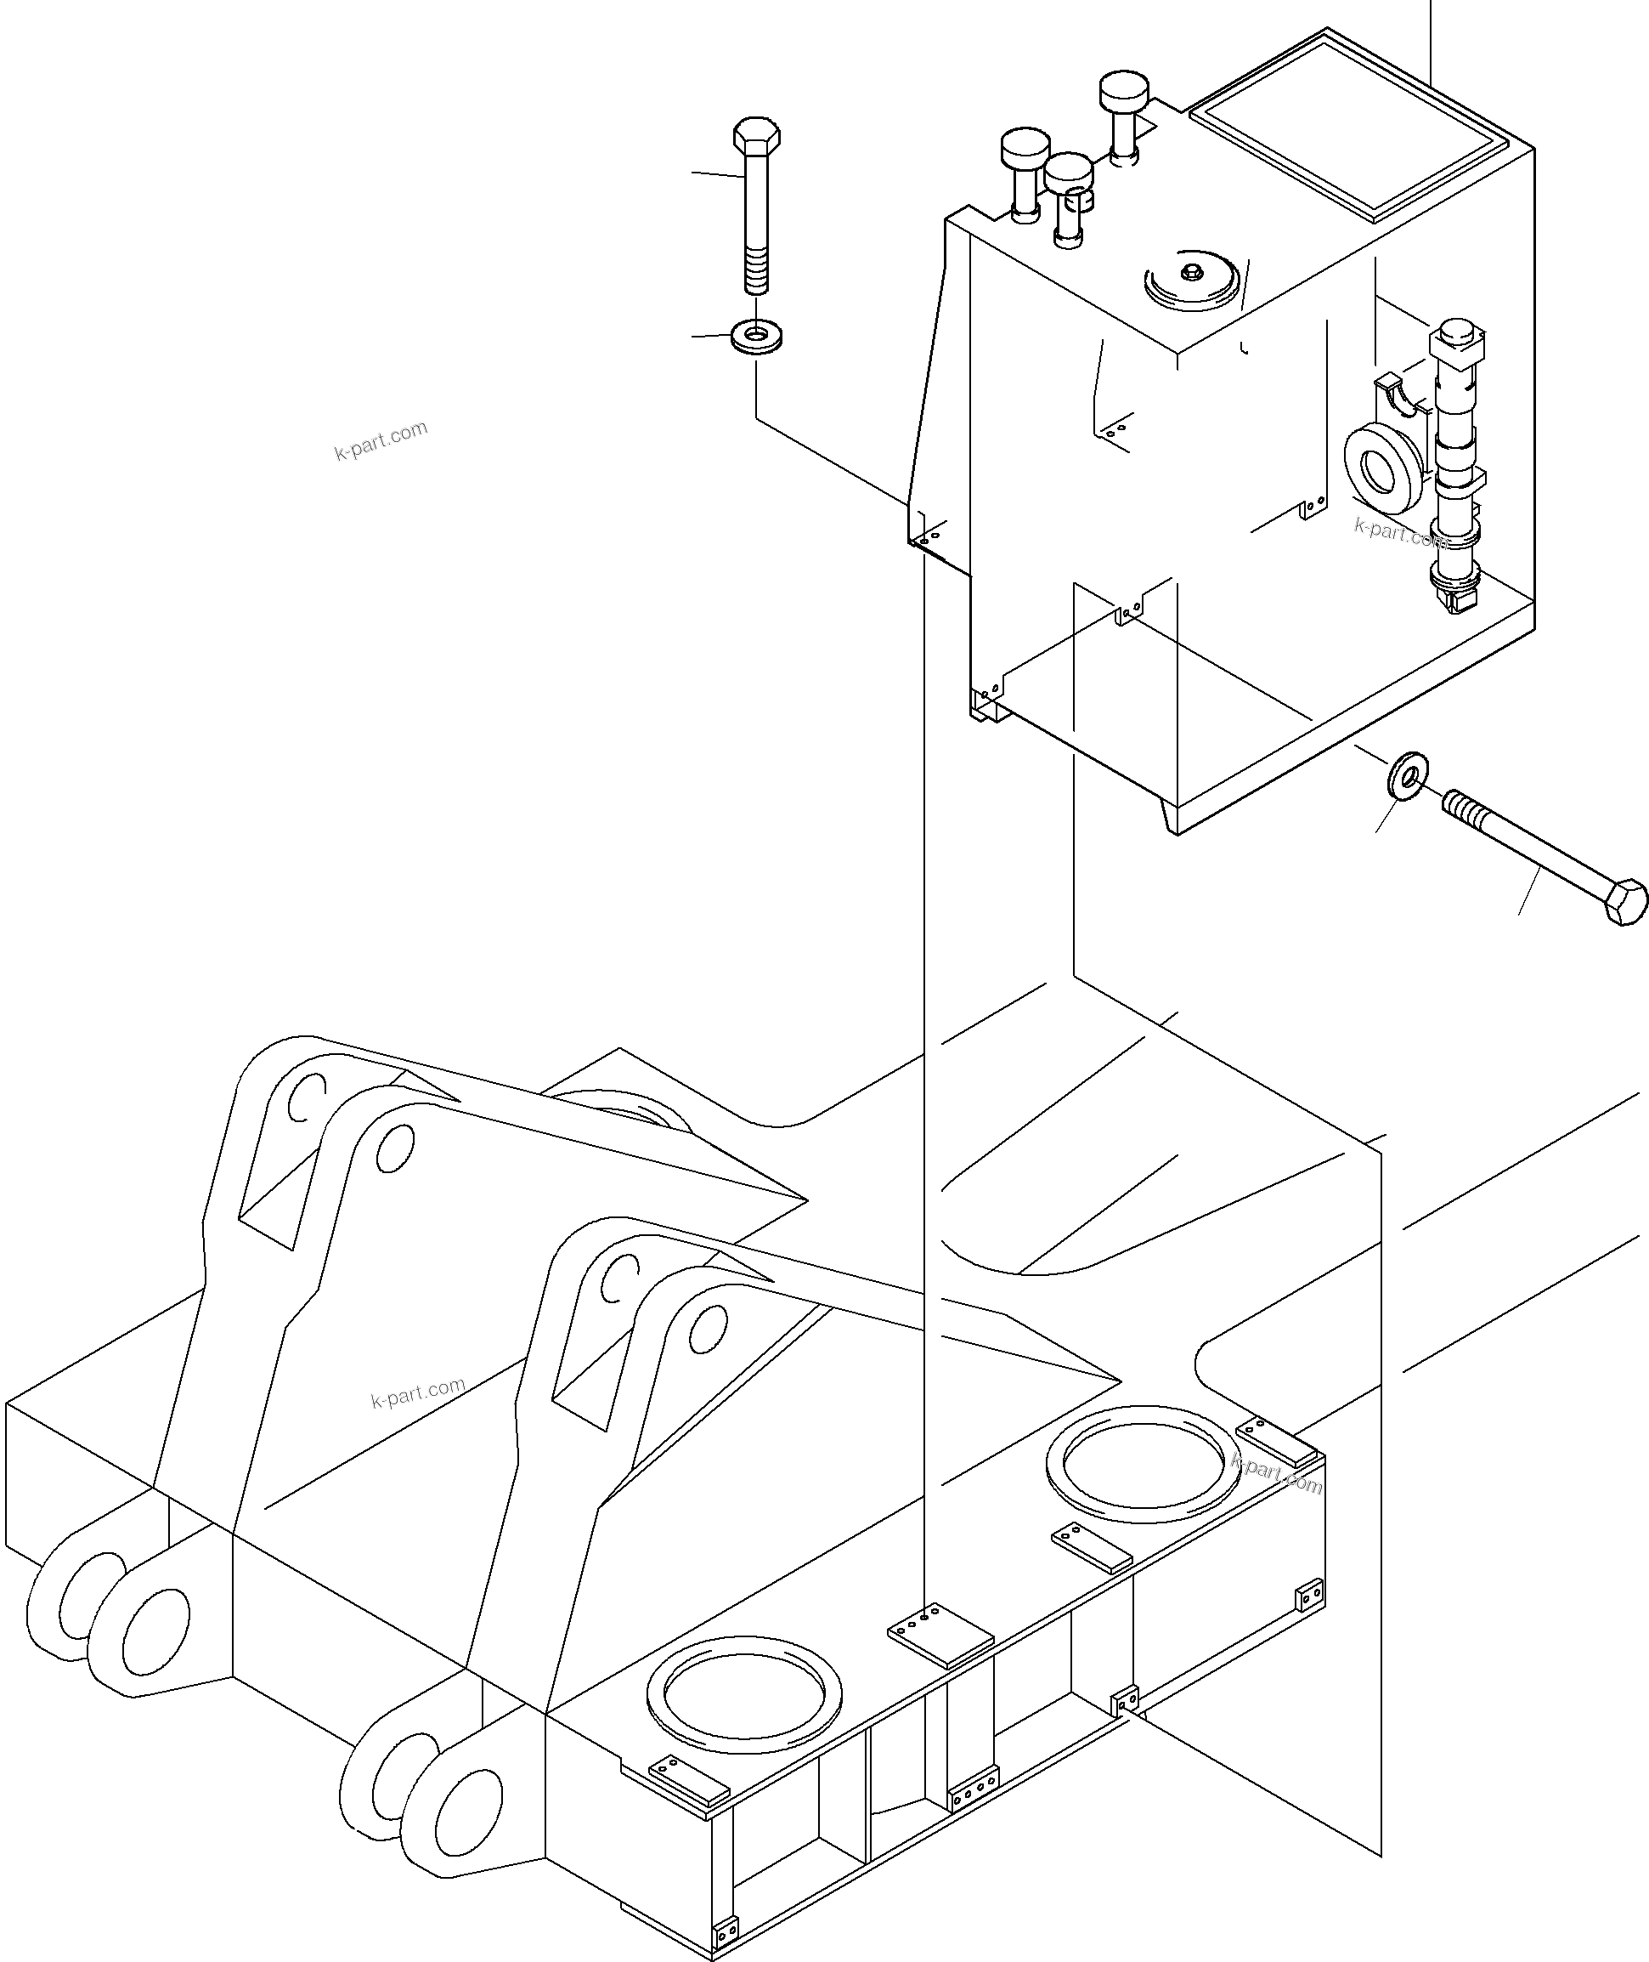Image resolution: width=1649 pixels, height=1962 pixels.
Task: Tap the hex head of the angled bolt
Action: tap(1624, 901)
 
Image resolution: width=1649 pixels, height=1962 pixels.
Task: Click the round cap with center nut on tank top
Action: tap(1192, 280)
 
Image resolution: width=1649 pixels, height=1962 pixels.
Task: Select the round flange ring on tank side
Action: tap(1381, 467)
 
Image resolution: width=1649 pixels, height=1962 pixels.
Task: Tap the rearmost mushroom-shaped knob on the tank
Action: tap(1123, 92)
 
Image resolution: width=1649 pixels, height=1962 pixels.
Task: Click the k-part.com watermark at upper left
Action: tap(381, 440)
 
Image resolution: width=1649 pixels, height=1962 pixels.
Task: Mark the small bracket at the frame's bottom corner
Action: tap(726, 1928)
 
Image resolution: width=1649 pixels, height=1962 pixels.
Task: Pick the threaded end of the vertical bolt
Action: tap(756, 275)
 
